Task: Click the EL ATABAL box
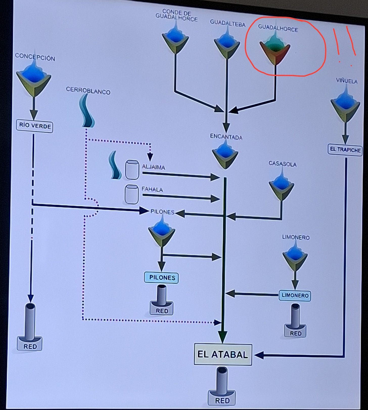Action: coord(223,354)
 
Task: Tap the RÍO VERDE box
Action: coord(35,126)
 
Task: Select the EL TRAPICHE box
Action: coord(345,150)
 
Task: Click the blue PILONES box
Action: coord(162,277)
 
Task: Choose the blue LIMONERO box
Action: coord(295,295)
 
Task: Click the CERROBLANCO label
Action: coord(88,91)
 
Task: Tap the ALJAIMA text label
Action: coord(153,167)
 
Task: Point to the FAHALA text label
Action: coord(152,189)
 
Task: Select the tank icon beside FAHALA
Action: coord(132,194)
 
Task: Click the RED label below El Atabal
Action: coord(222,400)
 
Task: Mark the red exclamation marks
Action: coord(345,44)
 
